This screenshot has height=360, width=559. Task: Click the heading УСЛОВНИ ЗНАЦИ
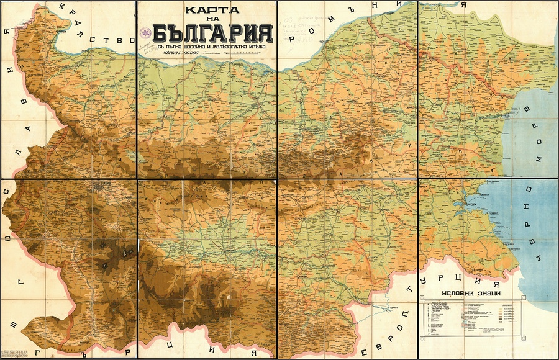472,294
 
